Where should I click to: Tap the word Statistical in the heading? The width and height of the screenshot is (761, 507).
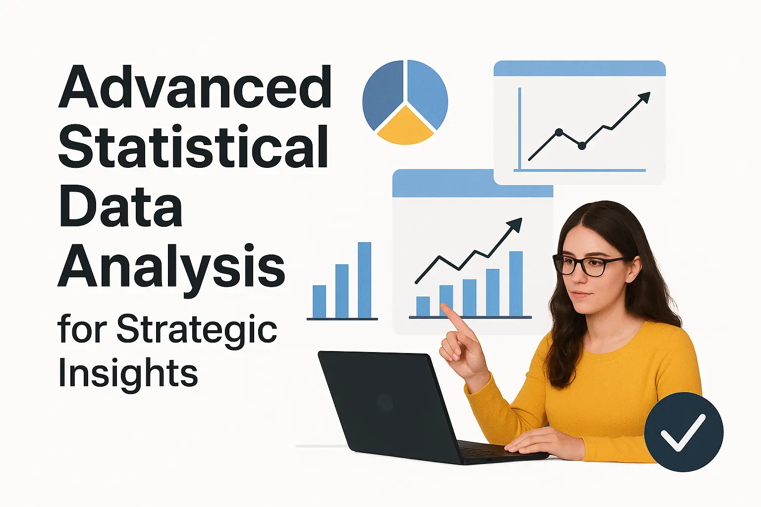click(x=193, y=147)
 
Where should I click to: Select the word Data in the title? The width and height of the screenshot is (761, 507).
click(x=120, y=206)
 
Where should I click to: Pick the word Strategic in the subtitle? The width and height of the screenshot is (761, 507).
click(x=197, y=330)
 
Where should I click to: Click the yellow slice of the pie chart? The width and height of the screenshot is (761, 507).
click(x=405, y=128)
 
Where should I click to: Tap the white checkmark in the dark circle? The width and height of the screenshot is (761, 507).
click(x=683, y=432)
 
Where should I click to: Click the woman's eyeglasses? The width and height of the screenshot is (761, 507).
click(x=585, y=264)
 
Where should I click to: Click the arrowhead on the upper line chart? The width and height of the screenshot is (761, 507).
click(x=645, y=97)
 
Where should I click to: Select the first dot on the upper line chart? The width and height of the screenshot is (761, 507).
click(x=559, y=132)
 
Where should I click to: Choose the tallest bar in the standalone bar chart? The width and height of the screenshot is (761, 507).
click(x=365, y=280)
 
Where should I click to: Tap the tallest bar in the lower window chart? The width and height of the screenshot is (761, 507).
click(x=516, y=283)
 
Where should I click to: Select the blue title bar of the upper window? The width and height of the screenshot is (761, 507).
click(x=579, y=68)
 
